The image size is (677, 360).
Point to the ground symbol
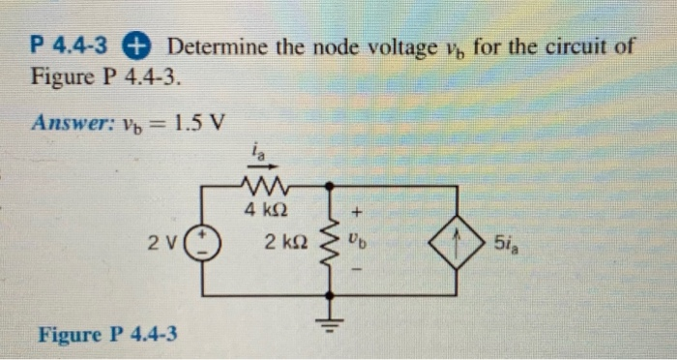point(332,322)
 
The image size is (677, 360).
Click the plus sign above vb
point(358,208)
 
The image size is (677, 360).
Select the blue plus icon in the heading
point(137,45)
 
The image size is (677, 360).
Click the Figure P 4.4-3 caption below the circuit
point(107,336)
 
